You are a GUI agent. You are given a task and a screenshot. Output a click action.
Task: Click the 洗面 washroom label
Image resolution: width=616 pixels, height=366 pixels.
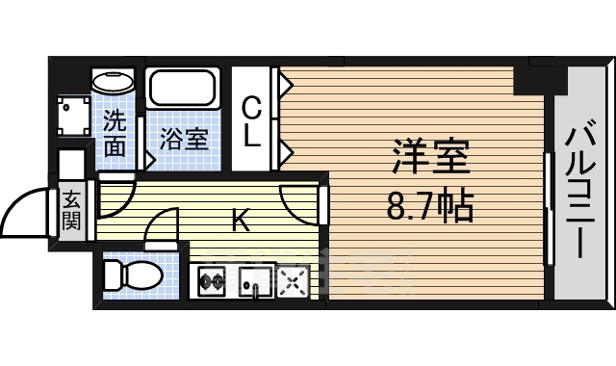click(115, 135)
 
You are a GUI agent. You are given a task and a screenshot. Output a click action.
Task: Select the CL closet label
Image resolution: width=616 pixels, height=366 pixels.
click(252, 120)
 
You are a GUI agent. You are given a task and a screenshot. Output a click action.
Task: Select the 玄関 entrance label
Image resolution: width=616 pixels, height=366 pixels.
click(72, 213)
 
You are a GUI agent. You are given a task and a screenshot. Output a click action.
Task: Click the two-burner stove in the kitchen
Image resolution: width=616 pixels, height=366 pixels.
click(211, 282)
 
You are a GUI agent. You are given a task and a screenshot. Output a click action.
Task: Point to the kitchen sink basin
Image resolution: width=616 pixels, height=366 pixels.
click(256, 282)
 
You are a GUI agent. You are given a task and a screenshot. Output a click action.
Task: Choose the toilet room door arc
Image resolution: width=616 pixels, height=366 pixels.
click(159, 231)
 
